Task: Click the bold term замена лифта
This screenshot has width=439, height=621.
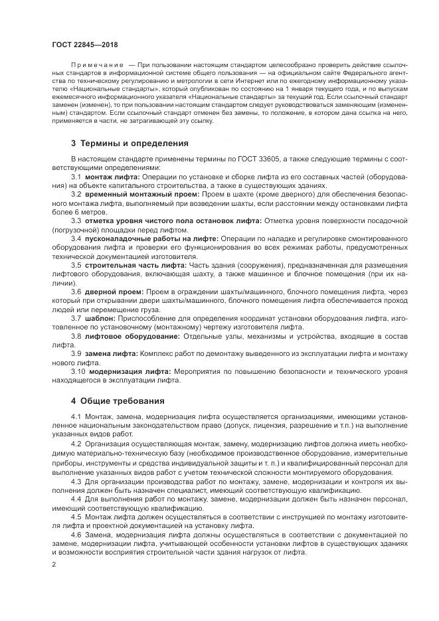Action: pyautogui.click(x=111, y=353)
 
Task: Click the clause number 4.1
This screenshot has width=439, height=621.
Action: pyautogui.click(x=76, y=416)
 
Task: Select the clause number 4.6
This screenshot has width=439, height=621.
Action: pyautogui.click(x=76, y=535)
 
